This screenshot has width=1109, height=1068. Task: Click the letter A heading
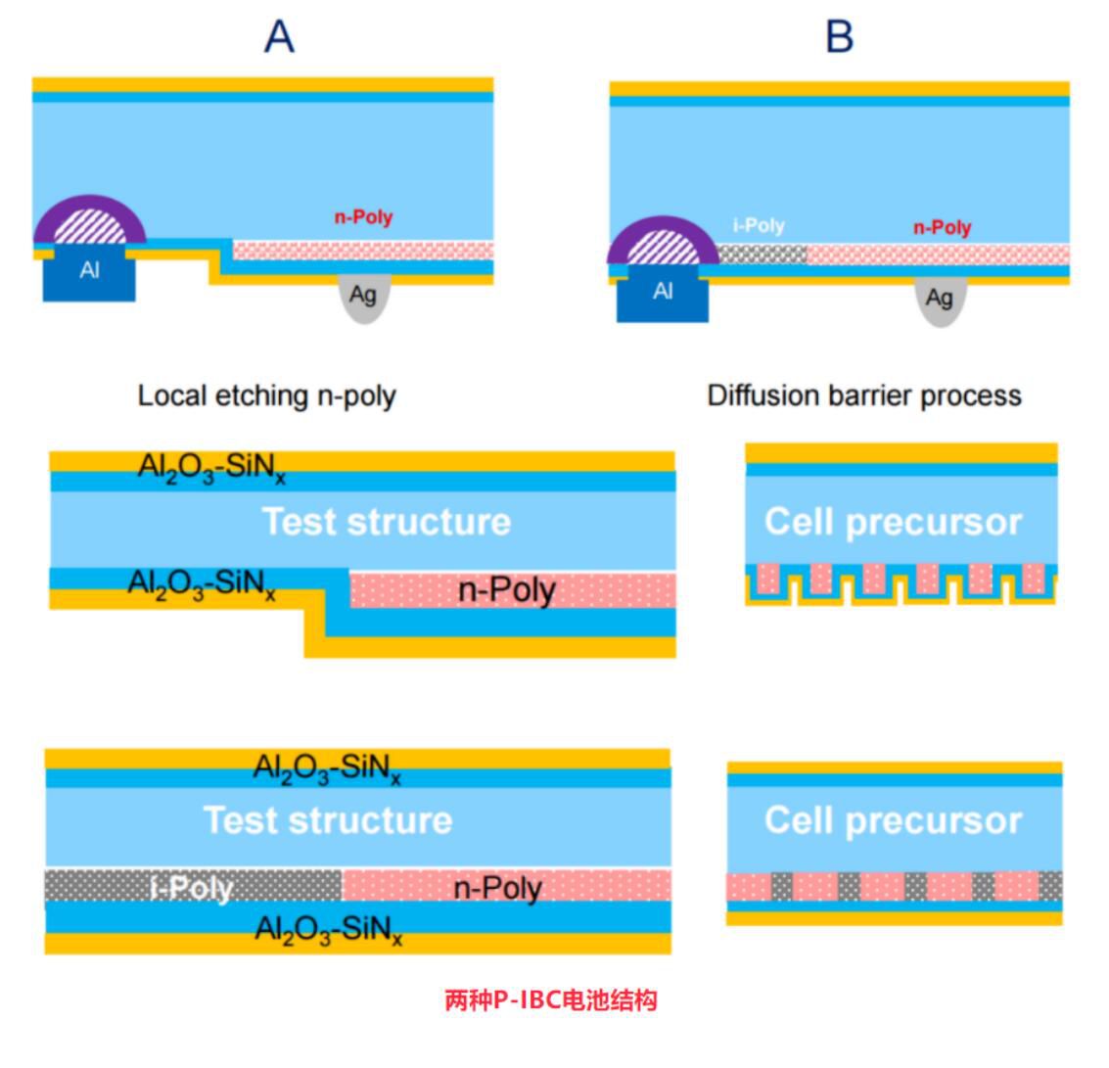280,37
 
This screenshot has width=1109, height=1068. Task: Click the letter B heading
840,37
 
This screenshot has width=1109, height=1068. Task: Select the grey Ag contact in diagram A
363,297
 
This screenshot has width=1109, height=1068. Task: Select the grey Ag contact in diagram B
940,299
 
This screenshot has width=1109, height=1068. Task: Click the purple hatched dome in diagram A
90,225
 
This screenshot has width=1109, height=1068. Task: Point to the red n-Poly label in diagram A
363,217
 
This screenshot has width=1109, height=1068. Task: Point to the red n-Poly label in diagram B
942,227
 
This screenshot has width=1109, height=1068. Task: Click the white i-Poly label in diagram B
759,226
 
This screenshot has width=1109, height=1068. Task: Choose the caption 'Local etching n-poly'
266,395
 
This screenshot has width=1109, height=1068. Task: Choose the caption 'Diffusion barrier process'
864,395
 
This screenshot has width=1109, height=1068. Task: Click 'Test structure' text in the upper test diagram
386,522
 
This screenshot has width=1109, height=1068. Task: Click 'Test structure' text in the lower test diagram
328,819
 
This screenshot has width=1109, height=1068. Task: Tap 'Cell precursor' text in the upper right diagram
893,522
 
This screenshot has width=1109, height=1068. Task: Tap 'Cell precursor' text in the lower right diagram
893,820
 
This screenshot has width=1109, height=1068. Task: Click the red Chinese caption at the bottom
551,999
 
